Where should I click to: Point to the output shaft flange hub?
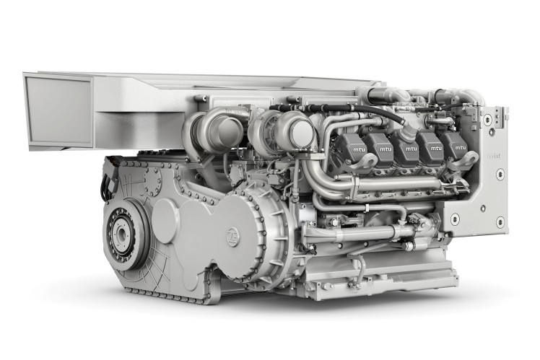pos(120,234)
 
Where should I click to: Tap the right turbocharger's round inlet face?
pos(299,134)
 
